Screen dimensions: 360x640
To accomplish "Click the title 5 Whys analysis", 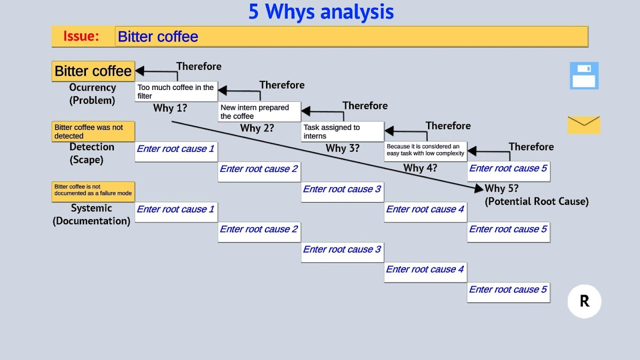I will [321, 12].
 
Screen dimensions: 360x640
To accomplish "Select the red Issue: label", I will [81, 36].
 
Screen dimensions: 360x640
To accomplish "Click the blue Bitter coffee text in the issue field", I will [158, 36].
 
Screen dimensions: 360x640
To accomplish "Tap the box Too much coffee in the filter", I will [176, 91].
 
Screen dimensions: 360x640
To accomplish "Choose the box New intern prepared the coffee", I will [259, 112].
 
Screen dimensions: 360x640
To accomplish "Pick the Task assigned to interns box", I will [342, 131].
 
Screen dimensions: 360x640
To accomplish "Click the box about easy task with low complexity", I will [425, 150].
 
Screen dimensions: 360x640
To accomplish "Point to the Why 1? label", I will [170, 108].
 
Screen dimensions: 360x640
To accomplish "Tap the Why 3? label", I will [343, 148].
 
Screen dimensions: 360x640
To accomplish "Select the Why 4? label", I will [420, 168].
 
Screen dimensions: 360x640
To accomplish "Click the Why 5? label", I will [501, 189].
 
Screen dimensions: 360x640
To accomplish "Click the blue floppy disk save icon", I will [584, 76].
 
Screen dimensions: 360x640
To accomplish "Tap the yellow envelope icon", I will [584, 125].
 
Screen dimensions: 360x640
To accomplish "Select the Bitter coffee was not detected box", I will [93, 131].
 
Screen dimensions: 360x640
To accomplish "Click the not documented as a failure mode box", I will [93, 190].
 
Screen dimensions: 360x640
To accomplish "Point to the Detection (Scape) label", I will [92, 153].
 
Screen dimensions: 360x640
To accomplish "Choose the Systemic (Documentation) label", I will [91, 214].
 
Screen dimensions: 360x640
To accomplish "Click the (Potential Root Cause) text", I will [536, 202].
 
